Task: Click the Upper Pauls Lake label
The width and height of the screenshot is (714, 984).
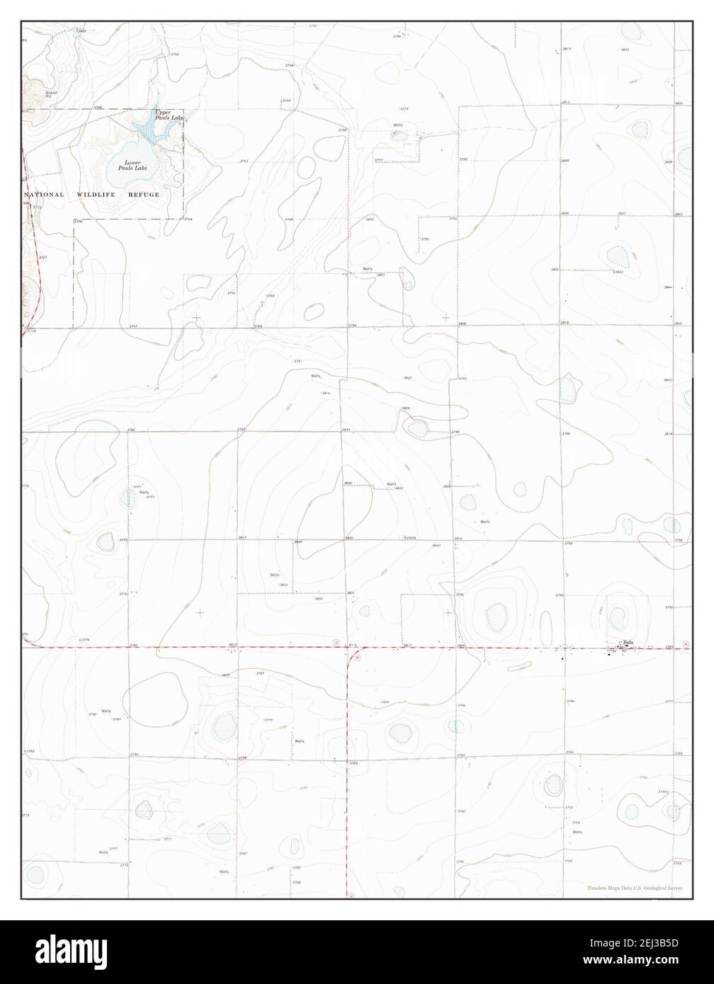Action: [167, 114]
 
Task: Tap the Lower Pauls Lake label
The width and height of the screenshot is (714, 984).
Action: [131, 166]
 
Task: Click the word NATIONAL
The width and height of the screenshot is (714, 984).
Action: [44, 194]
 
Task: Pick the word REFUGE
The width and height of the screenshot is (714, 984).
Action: [144, 194]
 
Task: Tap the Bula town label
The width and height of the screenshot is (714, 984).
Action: [628, 642]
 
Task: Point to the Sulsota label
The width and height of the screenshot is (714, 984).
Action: [410, 538]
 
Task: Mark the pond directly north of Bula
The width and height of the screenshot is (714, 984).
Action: [618, 616]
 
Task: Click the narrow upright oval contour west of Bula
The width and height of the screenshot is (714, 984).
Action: [545, 627]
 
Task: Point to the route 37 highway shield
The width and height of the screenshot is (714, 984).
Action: [336, 642]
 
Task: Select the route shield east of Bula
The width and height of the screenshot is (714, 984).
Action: [685, 643]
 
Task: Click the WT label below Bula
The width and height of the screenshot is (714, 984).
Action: [625, 651]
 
